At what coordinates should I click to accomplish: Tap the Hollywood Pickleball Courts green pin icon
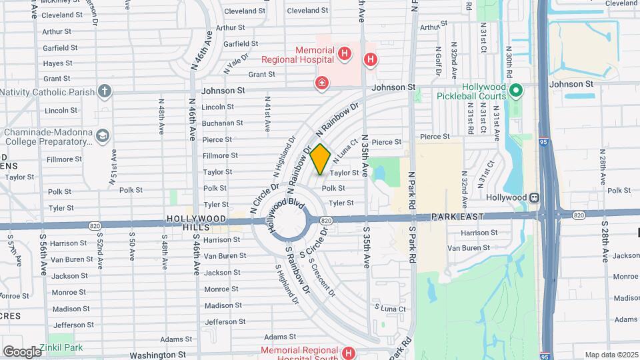pyautogui.click(x=515, y=90)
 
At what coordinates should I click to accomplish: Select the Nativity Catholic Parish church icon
pyautogui.click(x=104, y=91)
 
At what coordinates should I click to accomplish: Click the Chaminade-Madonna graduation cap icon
pyautogui.click(x=102, y=137)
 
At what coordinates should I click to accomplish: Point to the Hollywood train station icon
pyautogui.click(x=534, y=197)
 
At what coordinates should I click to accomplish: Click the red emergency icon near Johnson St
pyautogui.click(x=322, y=83)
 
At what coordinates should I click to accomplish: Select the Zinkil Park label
pyautogui.click(x=61, y=347)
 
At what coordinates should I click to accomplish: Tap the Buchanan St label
pyautogui.click(x=222, y=123)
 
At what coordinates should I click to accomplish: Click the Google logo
pyautogui.click(x=23, y=351)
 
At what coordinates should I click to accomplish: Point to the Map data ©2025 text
pyautogui.click(x=610, y=355)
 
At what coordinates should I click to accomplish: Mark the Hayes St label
pyautogui.click(x=57, y=63)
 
